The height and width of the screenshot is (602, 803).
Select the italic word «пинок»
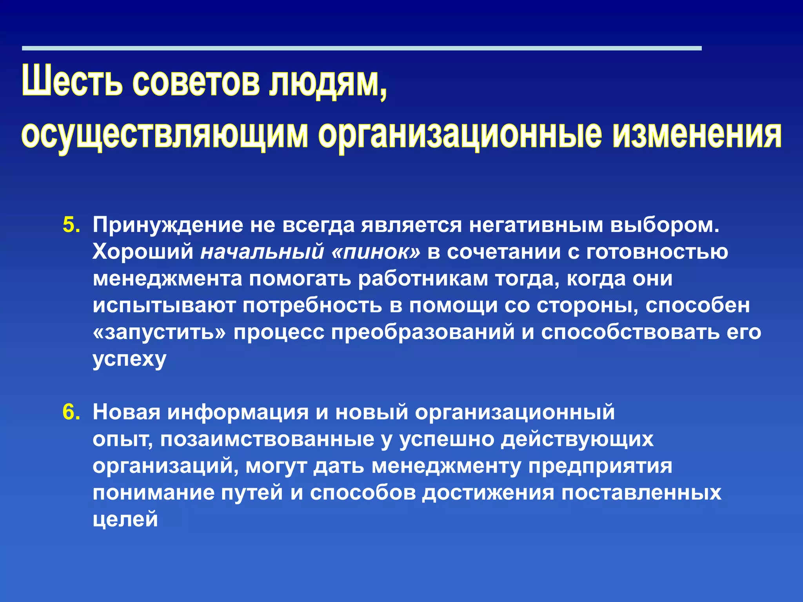[x=375, y=252]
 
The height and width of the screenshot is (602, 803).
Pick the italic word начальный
[x=262, y=252]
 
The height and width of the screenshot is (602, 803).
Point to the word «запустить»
[x=159, y=332]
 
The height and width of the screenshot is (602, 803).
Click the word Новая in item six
[x=127, y=412]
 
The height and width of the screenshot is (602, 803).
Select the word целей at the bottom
[x=125, y=519]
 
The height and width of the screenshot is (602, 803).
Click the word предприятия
[x=600, y=466]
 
